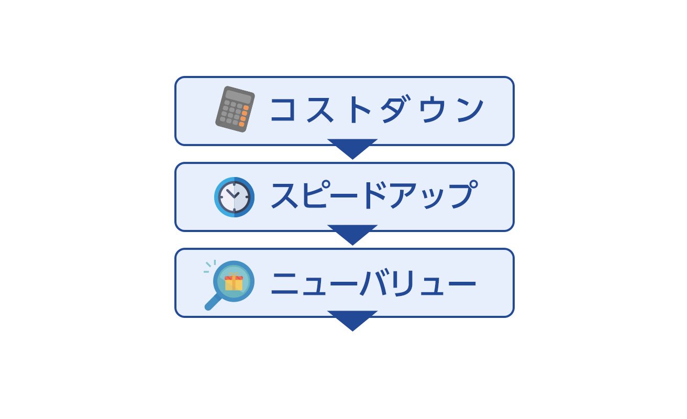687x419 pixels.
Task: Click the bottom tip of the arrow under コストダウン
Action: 352,159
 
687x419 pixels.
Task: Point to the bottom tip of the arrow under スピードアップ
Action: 352,245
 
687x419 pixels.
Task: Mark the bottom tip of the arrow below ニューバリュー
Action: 352,331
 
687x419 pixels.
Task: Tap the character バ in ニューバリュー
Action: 374,282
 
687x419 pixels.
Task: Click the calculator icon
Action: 235,109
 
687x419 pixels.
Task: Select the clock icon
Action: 234,197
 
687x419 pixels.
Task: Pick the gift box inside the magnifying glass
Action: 234,282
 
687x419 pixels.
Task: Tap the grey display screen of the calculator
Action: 239,96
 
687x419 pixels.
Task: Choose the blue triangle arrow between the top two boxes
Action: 352,149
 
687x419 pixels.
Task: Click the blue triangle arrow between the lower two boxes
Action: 352,235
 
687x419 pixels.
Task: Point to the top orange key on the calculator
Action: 246,108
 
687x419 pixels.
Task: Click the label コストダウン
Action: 377,109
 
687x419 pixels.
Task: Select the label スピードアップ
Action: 374,195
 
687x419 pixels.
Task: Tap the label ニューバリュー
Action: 373,282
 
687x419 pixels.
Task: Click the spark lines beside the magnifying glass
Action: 210,266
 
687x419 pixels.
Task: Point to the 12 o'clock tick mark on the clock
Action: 234,183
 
